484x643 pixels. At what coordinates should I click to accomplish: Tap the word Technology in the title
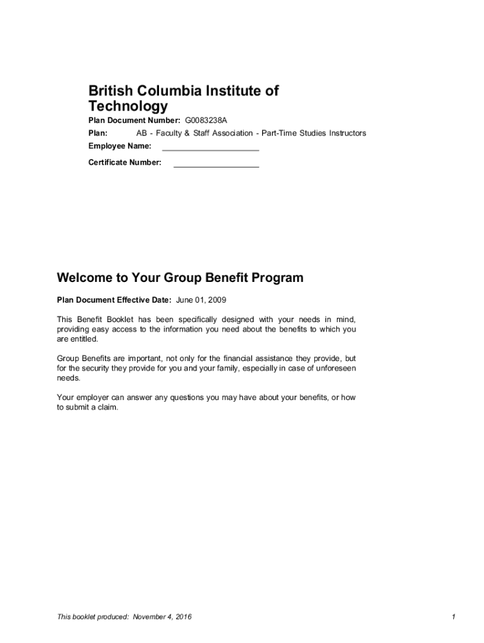(x=128, y=106)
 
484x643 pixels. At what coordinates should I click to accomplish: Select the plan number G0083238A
(x=206, y=120)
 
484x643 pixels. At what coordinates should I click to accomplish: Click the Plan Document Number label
(x=134, y=120)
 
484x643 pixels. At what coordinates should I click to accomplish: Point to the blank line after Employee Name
(x=210, y=149)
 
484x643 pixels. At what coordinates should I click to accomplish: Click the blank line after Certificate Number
(x=216, y=166)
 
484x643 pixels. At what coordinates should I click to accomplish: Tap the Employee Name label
(x=119, y=146)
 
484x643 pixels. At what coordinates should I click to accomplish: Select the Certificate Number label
(x=124, y=163)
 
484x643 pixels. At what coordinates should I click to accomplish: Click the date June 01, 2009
(x=206, y=300)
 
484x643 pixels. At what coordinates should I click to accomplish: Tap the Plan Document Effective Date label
(x=114, y=300)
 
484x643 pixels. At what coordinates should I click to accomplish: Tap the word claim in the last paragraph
(x=107, y=408)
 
